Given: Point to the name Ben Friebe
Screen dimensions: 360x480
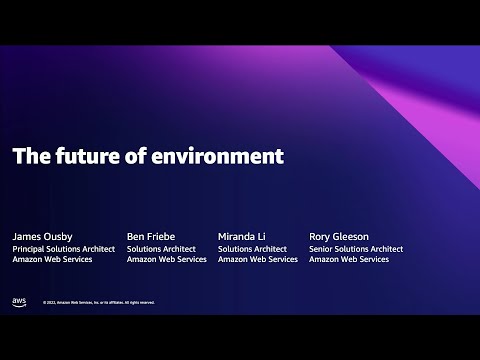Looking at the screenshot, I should point(152,236).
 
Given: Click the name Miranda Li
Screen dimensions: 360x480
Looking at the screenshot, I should point(243,236).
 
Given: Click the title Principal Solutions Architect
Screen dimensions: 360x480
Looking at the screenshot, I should point(64,249).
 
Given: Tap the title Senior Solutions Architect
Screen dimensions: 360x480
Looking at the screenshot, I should point(357,249).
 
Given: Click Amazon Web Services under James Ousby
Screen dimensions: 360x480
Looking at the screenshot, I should point(52,260).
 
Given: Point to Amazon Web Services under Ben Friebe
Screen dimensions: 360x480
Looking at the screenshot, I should point(167,260).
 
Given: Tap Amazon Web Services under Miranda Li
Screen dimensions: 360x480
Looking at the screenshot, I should point(258,260).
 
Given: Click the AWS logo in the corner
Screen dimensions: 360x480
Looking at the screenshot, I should point(19,301).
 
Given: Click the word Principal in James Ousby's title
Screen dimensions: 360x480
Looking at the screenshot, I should point(30,249).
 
